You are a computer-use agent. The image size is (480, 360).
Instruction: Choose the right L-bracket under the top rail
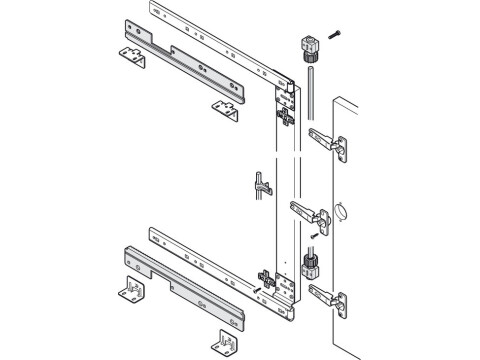(225, 108)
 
